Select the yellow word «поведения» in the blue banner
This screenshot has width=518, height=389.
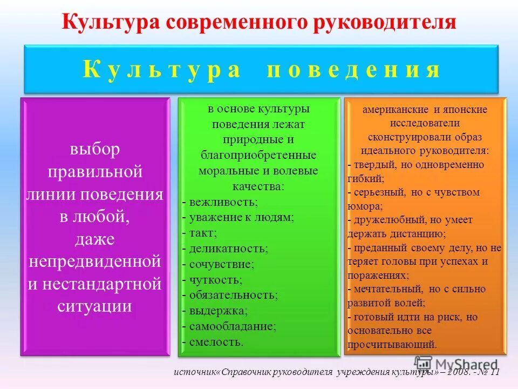[353, 70]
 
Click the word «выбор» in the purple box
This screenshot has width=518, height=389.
[95, 149]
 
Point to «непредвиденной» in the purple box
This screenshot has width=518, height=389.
[95, 261]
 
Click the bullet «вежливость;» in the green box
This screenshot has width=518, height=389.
[223, 202]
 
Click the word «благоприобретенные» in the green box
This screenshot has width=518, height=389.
[258, 155]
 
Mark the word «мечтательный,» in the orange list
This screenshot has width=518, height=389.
[387, 289]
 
